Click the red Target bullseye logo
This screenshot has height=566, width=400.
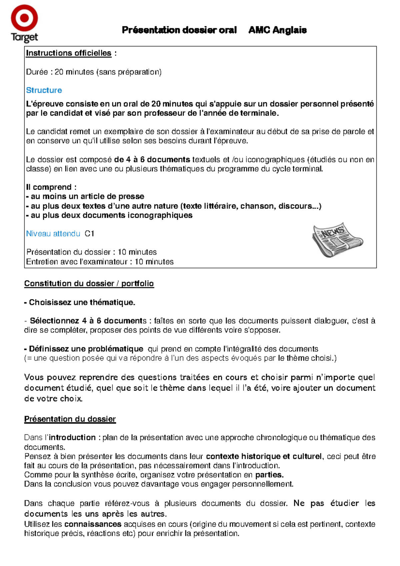(24, 18)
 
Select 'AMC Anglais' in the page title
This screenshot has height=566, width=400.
(277, 30)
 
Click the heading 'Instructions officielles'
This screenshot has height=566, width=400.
(69, 53)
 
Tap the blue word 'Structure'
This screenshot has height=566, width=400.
(44, 90)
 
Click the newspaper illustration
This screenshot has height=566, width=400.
(337, 240)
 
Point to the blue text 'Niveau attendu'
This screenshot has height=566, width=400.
(53, 234)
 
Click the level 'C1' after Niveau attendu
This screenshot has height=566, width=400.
(89, 234)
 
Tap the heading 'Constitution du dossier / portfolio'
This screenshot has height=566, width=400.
(89, 283)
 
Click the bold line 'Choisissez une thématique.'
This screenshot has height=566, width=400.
(80, 302)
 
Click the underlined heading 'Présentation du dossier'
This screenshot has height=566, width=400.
(70, 419)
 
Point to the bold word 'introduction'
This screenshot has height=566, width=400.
(72, 437)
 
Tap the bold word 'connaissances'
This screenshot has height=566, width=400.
(93, 524)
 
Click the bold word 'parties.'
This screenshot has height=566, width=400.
(269, 475)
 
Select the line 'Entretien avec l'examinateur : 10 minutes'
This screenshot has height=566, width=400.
(100, 262)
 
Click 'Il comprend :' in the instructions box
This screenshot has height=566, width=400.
(51, 187)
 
